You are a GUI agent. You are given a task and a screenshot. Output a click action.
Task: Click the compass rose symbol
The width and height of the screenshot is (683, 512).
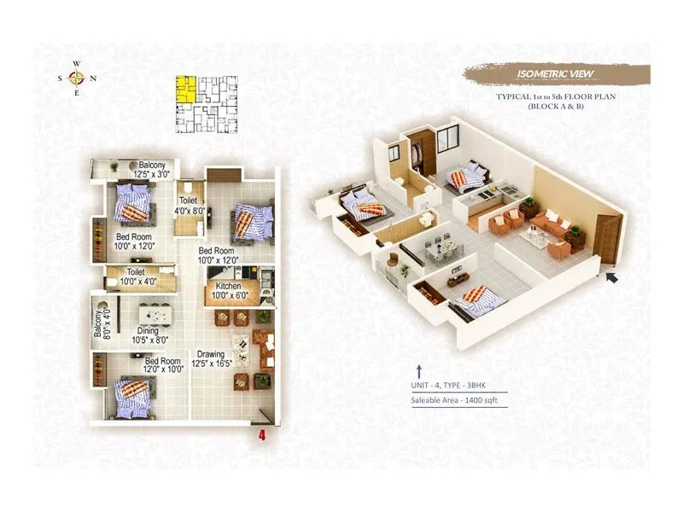point(77,79)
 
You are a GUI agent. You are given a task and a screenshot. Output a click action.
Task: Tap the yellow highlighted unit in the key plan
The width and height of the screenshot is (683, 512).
point(184,89)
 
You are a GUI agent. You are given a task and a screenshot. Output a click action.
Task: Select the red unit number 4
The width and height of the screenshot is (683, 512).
point(262,433)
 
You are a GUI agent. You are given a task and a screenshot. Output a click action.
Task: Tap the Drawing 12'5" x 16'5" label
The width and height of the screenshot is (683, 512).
point(211,358)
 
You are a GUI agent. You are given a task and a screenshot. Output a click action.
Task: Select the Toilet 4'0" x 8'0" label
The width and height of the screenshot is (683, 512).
point(189,204)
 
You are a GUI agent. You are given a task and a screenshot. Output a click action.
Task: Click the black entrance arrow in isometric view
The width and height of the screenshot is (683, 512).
point(610,275)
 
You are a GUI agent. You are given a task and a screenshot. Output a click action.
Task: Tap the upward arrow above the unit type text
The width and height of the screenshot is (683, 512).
point(419,370)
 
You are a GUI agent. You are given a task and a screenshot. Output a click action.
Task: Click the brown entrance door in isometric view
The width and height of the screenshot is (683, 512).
point(609,238)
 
